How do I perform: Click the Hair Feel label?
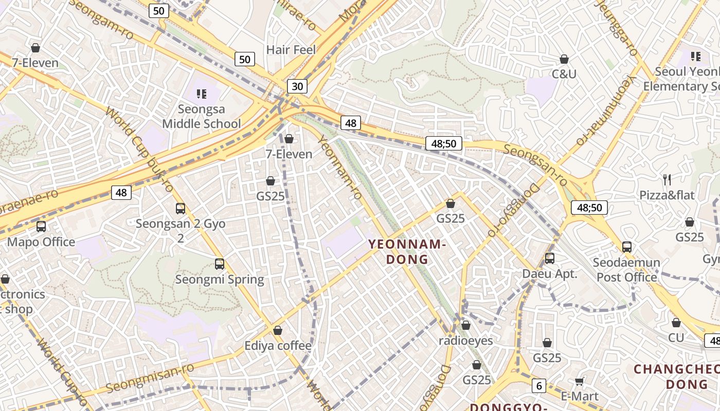[291, 50]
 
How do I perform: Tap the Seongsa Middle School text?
[202, 117]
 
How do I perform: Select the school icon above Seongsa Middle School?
[202, 94]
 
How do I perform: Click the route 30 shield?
[297, 86]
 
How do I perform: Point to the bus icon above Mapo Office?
[41, 226]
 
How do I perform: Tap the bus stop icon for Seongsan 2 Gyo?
[181, 208]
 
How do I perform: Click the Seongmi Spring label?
[220, 279]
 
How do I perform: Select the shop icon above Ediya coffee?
[278, 330]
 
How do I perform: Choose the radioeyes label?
[466, 341]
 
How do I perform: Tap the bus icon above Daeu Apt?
[550, 258]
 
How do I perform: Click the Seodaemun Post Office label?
[626, 270]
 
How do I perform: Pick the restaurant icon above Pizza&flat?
[667, 179]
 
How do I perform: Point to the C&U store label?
[564, 74]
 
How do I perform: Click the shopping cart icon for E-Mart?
[580, 381]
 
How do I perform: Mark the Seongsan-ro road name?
[535, 165]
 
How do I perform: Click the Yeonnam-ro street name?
[340, 167]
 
